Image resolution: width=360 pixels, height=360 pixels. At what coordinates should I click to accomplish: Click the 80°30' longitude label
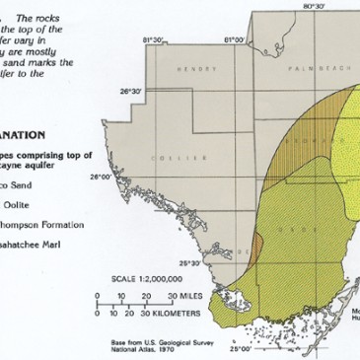(314, 6)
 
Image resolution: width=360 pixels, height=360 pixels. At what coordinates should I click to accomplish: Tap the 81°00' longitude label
(234, 39)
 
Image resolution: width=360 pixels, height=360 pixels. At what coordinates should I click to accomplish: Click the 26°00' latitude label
(100, 178)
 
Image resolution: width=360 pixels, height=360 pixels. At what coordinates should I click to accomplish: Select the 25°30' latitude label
(188, 263)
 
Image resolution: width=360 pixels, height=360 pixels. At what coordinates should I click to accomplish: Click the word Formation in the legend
(61, 224)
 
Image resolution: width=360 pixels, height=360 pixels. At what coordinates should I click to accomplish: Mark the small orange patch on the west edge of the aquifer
(256, 243)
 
